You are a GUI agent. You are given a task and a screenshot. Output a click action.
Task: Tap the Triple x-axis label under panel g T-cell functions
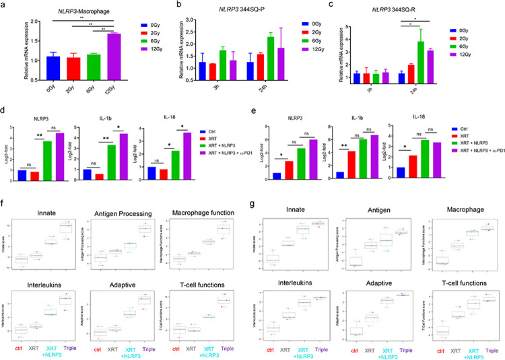[x=488, y=350]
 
